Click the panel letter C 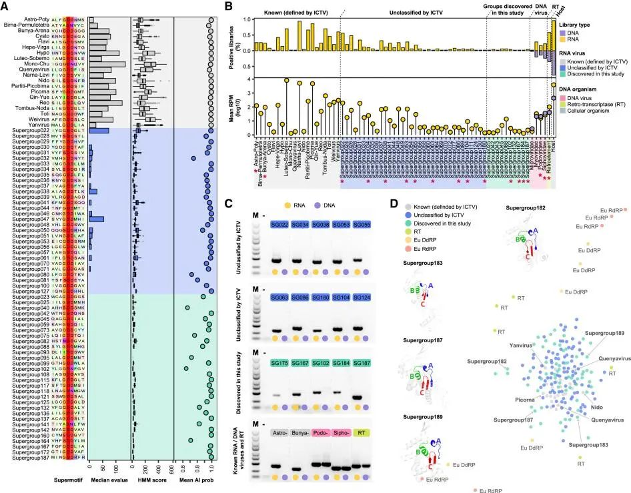(229, 202)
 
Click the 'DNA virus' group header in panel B (542, 10)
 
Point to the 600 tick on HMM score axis (172, 466)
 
